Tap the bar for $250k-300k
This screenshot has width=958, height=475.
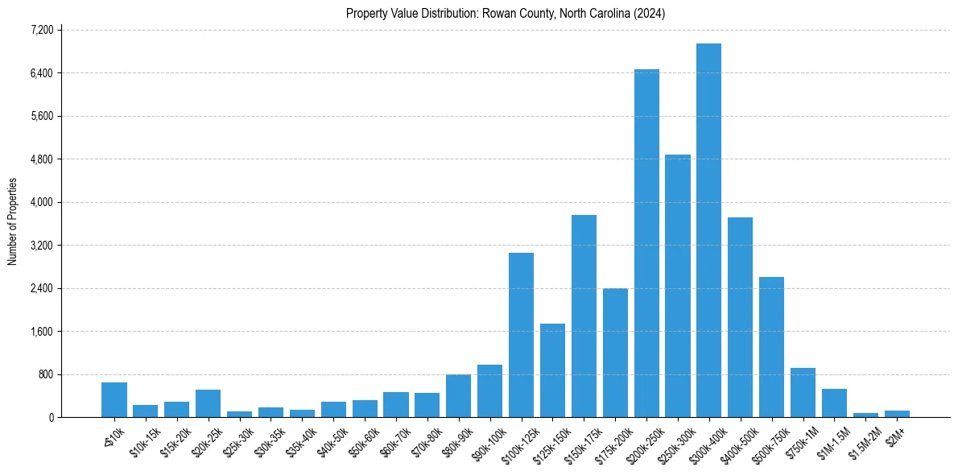pyautogui.click(x=678, y=286)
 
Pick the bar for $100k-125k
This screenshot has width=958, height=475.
pyautogui.click(x=521, y=335)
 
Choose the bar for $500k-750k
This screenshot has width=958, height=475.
pyautogui.click(x=771, y=347)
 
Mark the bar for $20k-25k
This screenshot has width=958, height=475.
pyautogui.click(x=208, y=403)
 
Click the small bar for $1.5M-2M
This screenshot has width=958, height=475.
pyautogui.click(x=865, y=415)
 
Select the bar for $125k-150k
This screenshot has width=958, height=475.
pyautogui.click(x=552, y=370)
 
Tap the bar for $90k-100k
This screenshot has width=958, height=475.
pyautogui.click(x=489, y=391)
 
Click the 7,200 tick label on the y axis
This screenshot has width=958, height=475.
pyautogui.click(x=41, y=30)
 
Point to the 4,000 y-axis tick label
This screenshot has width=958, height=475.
pyautogui.click(x=41, y=202)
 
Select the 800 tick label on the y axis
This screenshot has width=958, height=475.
pyautogui.click(x=44, y=374)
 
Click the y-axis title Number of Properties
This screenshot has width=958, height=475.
pyautogui.click(x=12, y=221)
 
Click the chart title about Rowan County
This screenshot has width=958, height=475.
pyautogui.click(x=506, y=14)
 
